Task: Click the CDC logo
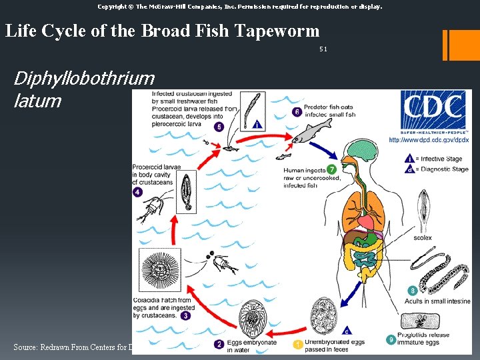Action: (x=433, y=113)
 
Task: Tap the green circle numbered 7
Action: (x=331, y=169)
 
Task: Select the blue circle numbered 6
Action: (x=297, y=111)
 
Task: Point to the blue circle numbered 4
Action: (x=137, y=192)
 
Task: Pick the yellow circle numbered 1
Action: (x=298, y=344)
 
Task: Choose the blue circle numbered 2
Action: (x=219, y=344)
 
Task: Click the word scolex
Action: (x=422, y=238)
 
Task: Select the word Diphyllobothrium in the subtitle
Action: (x=84, y=79)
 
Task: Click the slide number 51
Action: (x=323, y=49)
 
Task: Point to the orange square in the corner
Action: (x=465, y=45)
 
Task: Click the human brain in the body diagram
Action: (x=363, y=151)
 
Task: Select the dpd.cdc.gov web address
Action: (x=429, y=140)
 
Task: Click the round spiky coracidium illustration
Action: (x=160, y=273)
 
